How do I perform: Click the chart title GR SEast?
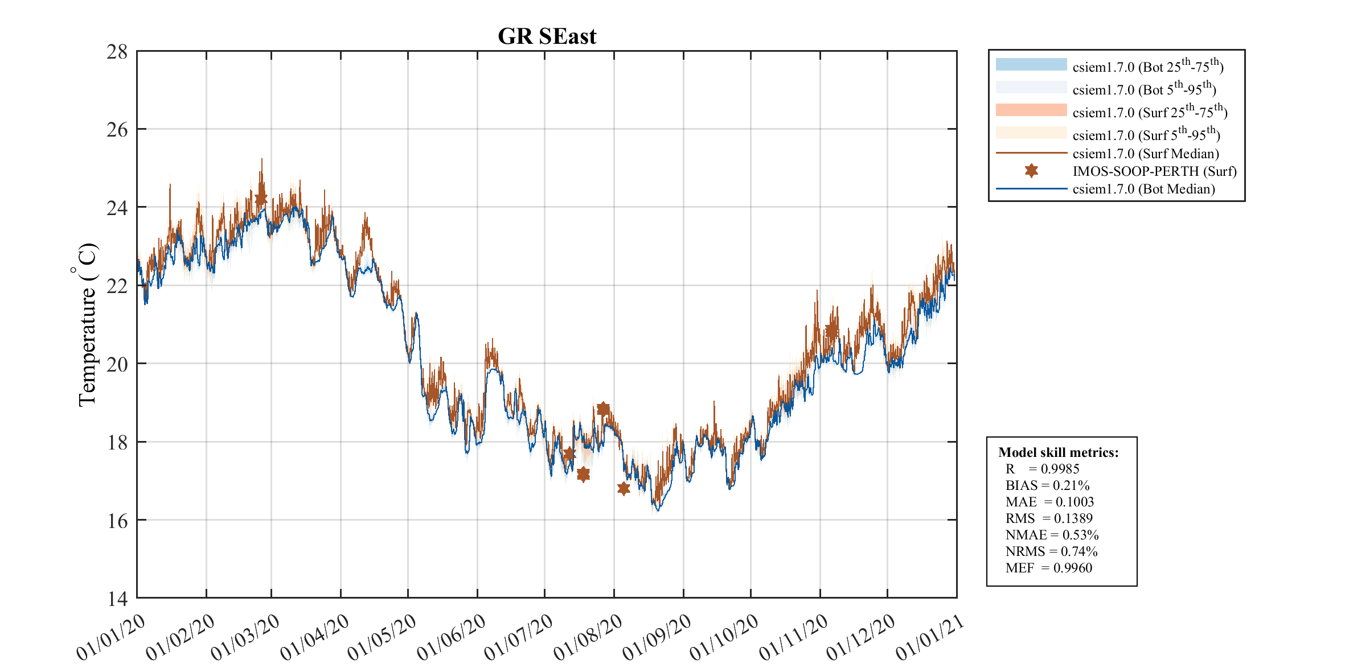tap(547, 36)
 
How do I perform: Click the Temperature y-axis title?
tap(87, 325)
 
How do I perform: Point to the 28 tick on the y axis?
tap(117, 52)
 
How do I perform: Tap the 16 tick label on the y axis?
tap(117, 521)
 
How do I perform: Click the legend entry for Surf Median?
tap(1145, 154)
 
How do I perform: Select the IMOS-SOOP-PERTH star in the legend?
tap(1031, 171)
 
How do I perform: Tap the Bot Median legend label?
tap(1143, 189)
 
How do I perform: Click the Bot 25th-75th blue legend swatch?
tap(1031, 64)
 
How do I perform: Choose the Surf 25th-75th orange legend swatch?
tap(1031, 110)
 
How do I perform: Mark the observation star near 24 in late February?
tap(261, 199)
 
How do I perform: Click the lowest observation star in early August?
tap(624, 488)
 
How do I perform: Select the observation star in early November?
tap(831, 330)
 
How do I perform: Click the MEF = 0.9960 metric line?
tap(1048, 568)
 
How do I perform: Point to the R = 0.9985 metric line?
tap(1042, 469)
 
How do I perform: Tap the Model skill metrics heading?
tap(1058, 452)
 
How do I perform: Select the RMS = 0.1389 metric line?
tap(1049, 518)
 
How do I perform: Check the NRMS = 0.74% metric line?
tap(1051, 551)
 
